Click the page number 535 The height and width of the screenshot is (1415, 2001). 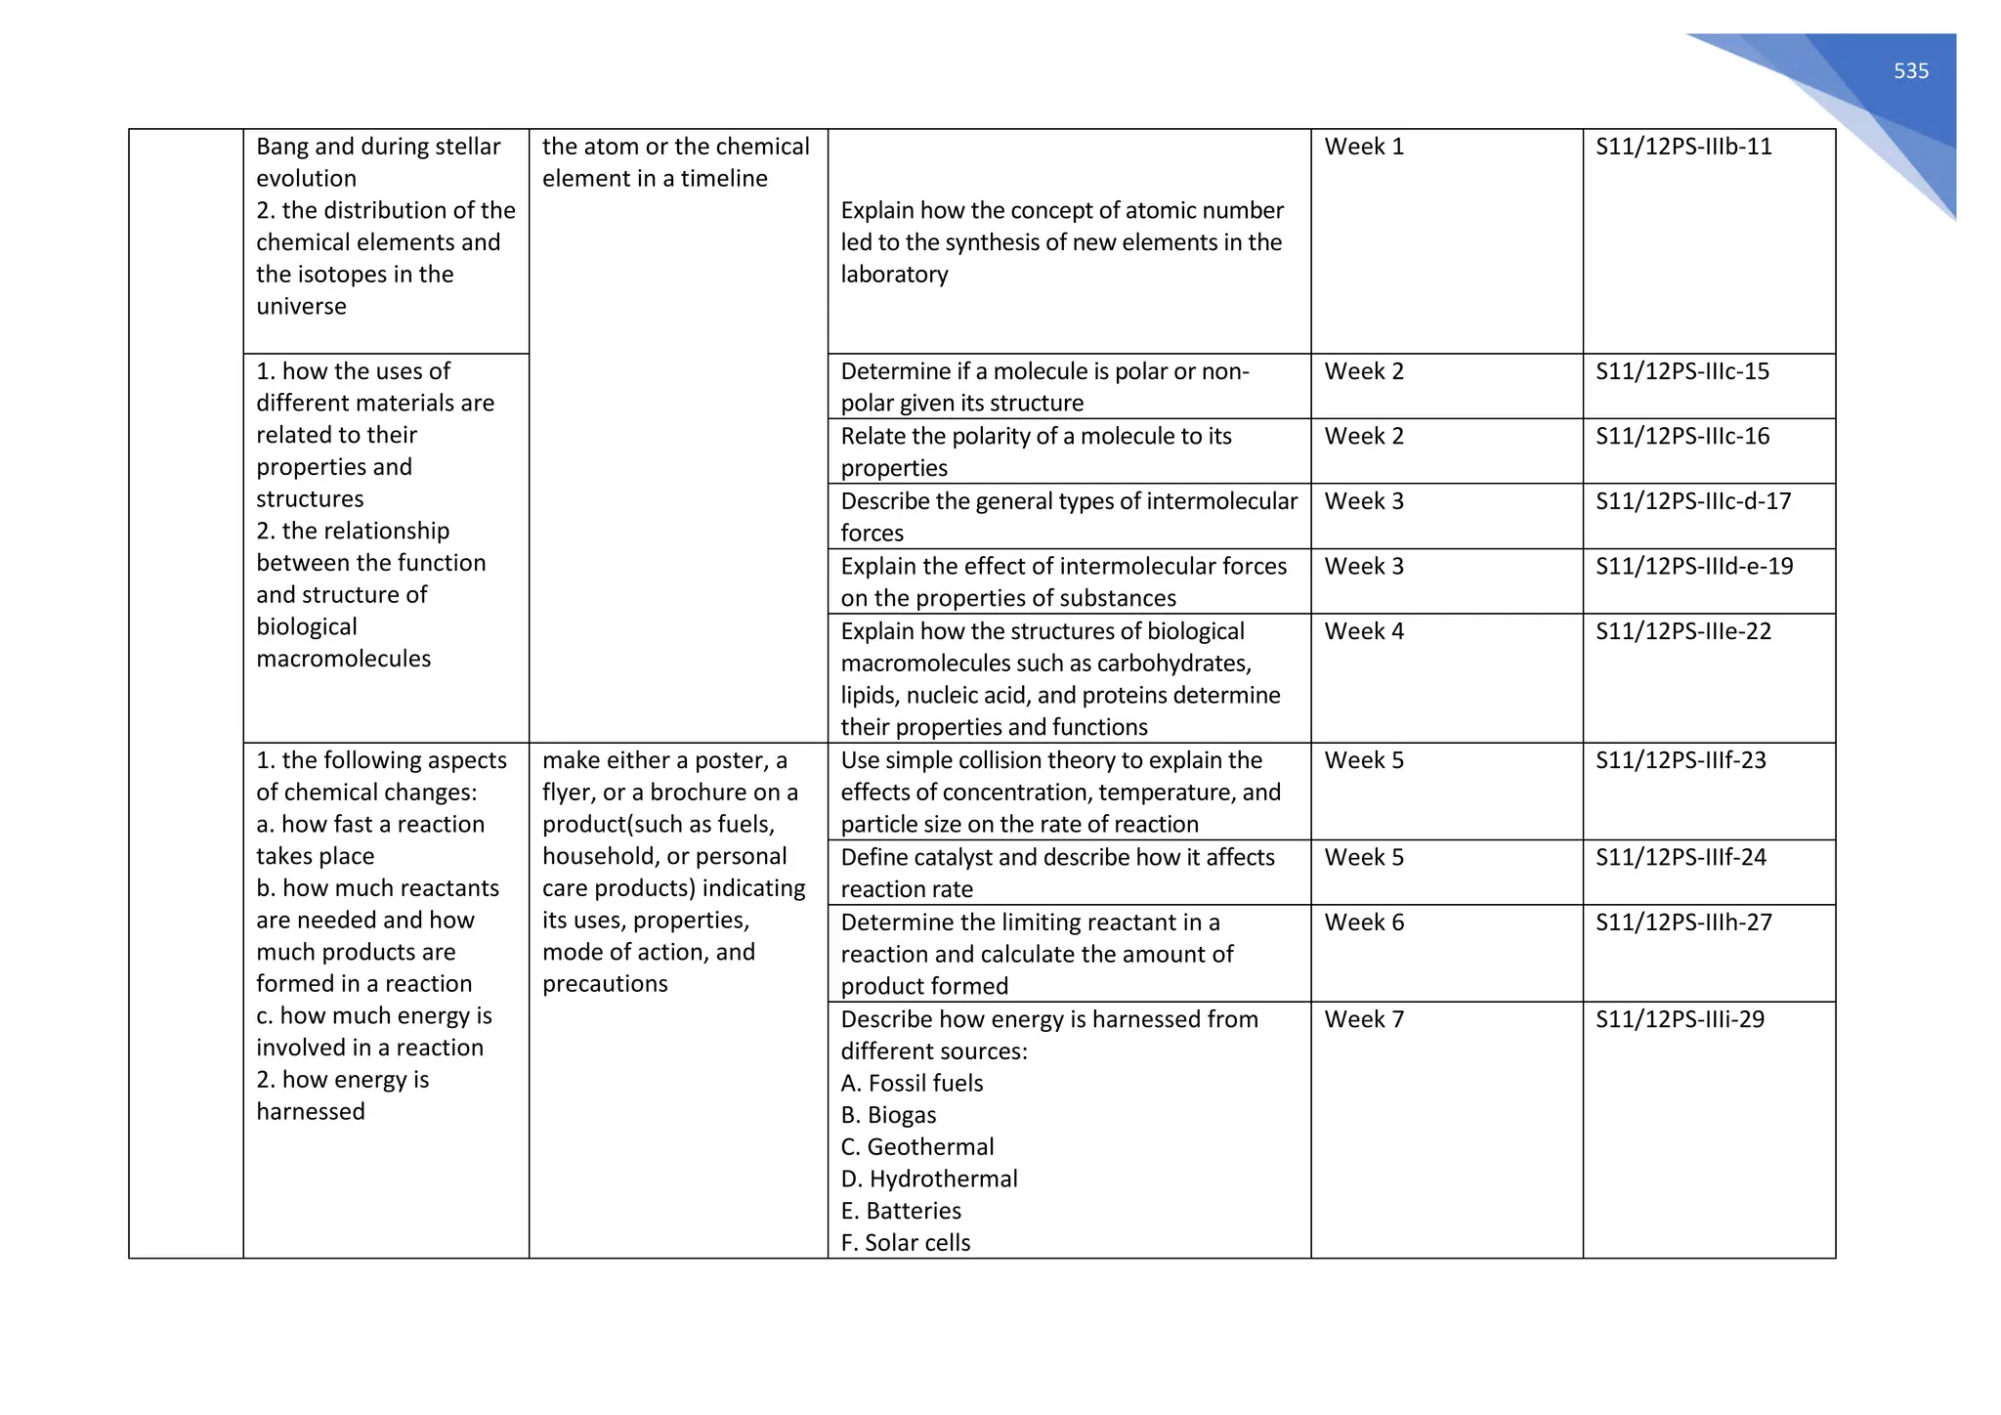1910,71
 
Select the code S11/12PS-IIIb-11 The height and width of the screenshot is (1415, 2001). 1683,147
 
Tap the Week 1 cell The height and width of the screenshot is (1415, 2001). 1364,147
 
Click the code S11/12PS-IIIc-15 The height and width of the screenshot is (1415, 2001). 1682,371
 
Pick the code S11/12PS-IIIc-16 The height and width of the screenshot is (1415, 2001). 1682,436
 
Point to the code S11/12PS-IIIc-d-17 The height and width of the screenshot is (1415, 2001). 1693,501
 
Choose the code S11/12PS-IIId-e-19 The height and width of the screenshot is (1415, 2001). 1694,566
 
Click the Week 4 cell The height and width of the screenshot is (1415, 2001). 1364,631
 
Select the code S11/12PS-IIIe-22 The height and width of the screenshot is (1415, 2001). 1683,631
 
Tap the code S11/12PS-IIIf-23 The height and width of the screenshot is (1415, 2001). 1681,760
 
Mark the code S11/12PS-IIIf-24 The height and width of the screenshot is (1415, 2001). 1681,857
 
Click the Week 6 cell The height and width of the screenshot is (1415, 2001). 1364,922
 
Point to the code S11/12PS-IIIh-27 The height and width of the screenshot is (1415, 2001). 1683,922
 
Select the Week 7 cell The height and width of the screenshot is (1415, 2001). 1364,1019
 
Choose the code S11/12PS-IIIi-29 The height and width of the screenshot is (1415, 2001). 1680,1019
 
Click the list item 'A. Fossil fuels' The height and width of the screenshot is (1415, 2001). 912,1084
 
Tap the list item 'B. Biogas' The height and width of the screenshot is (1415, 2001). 888,1115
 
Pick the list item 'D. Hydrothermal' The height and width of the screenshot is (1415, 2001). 929,1179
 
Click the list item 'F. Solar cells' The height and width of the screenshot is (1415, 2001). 906,1243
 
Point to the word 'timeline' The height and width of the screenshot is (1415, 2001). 724,179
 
